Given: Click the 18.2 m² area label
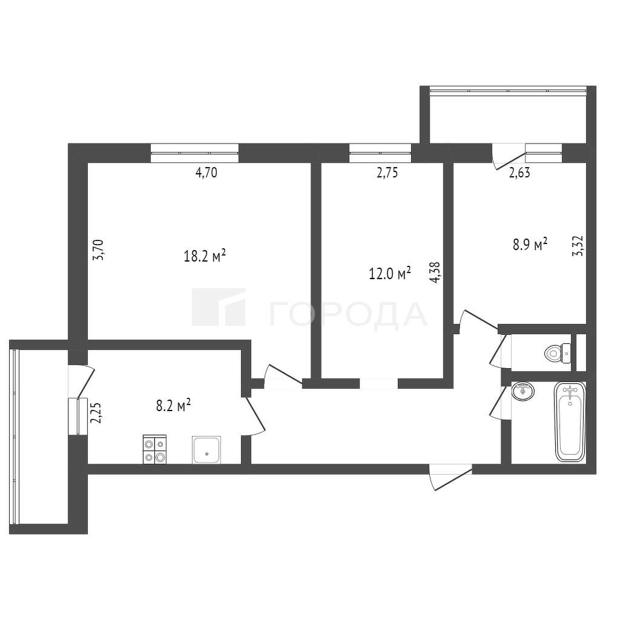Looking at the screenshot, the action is click(x=205, y=256).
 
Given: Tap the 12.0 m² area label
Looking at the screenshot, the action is click(x=390, y=273).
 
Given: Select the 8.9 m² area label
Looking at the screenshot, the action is click(x=530, y=245).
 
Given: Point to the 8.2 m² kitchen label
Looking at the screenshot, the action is click(x=174, y=405).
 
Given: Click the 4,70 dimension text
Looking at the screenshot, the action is click(x=206, y=173).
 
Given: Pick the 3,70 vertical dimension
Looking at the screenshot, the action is click(x=97, y=249).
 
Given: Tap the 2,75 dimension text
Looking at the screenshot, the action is click(x=387, y=173).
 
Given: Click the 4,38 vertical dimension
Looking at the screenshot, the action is click(x=435, y=273).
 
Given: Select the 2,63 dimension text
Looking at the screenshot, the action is click(x=519, y=173).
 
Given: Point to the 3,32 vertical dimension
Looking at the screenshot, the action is click(x=578, y=246).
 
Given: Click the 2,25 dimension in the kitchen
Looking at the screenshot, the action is click(x=96, y=413).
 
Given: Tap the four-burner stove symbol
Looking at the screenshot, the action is click(x=154, y=449).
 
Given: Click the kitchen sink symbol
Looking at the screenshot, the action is click(x=206, y=450).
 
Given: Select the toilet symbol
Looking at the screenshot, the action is click(x=557, y=352).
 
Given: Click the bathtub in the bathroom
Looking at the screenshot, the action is click(x=570, y=421).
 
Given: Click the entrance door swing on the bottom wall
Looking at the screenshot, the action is click(x=450, y=477).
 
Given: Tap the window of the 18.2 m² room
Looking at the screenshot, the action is click(x=194, y=153).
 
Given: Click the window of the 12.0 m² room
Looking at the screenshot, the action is click(x=380, y=153).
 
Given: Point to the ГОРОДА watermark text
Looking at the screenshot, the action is click(x=348, y=315).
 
